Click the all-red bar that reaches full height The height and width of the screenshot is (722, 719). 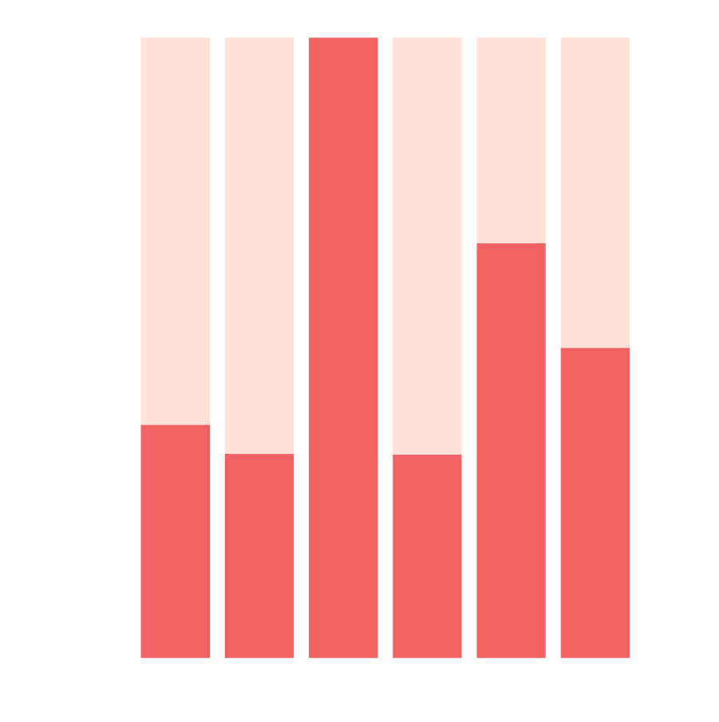coord(343,347)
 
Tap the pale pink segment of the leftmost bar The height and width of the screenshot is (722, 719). coord(175,231)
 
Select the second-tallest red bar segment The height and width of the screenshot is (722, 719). coord(511,450)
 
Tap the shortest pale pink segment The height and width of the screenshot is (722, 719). coord(511,140)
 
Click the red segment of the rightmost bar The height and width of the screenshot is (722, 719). coord(595,503)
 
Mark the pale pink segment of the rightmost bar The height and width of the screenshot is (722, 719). coord(595,192)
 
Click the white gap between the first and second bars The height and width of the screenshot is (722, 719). coord(217,347)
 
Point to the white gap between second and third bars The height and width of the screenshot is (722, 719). coord(302,347)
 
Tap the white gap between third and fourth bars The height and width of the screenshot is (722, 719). coord(385,347)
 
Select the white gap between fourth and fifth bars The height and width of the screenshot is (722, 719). coord(469,347)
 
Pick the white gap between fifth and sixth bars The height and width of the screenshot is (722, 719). coord(553,347)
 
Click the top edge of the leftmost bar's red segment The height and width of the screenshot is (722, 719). coord(175,424)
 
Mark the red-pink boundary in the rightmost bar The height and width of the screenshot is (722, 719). coord(595,348)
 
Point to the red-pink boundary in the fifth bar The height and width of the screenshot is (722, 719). coord(511,243)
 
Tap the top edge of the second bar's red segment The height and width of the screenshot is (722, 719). coord(259,454)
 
